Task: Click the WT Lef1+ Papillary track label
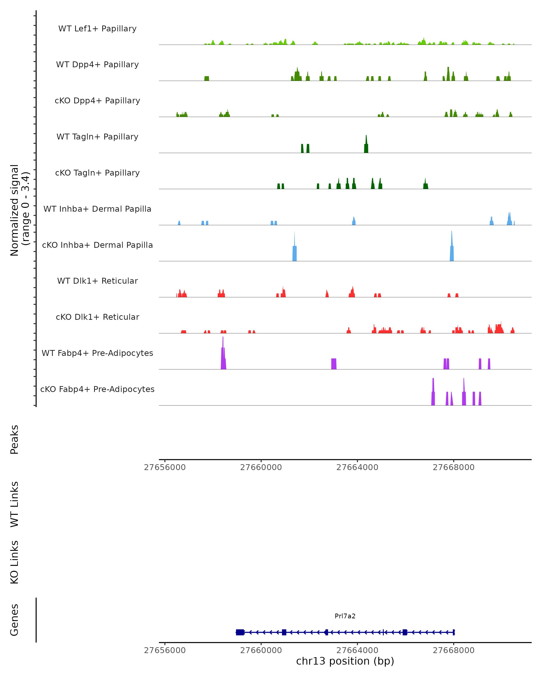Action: [x=97, y=29]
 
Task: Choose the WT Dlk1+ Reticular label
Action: [x=97, y=281]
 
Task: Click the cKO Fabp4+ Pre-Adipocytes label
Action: [x=97, y=389]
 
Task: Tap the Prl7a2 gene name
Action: [x=345, y=616]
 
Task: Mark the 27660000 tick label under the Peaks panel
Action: [x=261, y=467]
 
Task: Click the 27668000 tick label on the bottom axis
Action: [x=453, y=650]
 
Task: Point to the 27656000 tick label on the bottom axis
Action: [x=165, y=650]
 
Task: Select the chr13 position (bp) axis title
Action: [x=345, y=661]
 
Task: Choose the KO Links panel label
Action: [x=14, y=562]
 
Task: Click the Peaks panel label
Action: [x=14, y=439]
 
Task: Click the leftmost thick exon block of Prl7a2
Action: [x=240, y=632]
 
